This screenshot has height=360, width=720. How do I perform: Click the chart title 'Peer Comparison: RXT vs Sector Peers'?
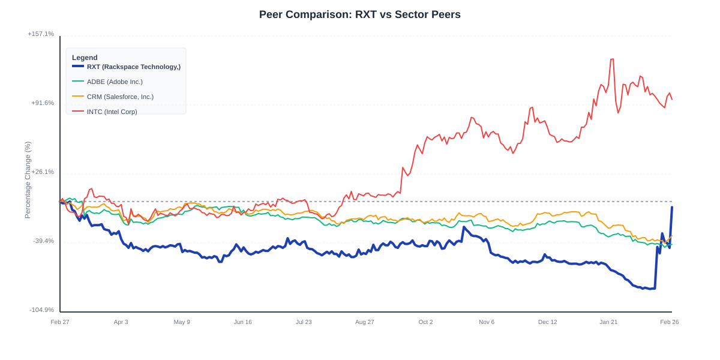tap(359, 14)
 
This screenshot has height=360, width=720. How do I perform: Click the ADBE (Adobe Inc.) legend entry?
tap(115, 82)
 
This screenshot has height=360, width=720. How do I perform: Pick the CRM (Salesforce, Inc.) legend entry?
tap(120, 97)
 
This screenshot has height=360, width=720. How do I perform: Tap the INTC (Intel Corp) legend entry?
tap(112, 112)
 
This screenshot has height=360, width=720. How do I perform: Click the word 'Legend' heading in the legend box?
tap(85, 58)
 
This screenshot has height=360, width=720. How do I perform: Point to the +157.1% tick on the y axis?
tap(41, 34)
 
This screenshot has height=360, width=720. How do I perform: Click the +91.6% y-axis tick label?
tap(42, 103)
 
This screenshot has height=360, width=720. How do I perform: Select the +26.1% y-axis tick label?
tap(42, 172)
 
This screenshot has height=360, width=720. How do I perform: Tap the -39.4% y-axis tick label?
tap(43, 241)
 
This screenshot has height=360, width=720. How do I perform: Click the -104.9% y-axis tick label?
tap(41, 310)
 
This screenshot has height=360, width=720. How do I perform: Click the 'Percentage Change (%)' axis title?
tap(28, 180)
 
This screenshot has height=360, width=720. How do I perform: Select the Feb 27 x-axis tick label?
tap(60, 322)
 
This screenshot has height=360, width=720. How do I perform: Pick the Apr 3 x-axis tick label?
tap(121, 322)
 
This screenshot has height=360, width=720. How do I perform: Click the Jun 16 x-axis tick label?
tap(242, 322)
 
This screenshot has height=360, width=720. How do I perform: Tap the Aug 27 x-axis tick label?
tap(364, 322)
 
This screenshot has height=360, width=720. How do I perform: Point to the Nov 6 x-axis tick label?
tap(487, 322)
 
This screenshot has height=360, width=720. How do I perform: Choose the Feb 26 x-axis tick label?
tap(669, 322)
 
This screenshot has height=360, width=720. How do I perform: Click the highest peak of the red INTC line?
tap(612, 59)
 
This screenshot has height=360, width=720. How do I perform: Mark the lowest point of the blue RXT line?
tap(644, 289)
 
